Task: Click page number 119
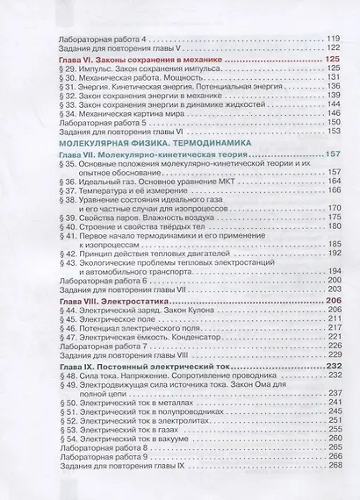pos(331,40)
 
